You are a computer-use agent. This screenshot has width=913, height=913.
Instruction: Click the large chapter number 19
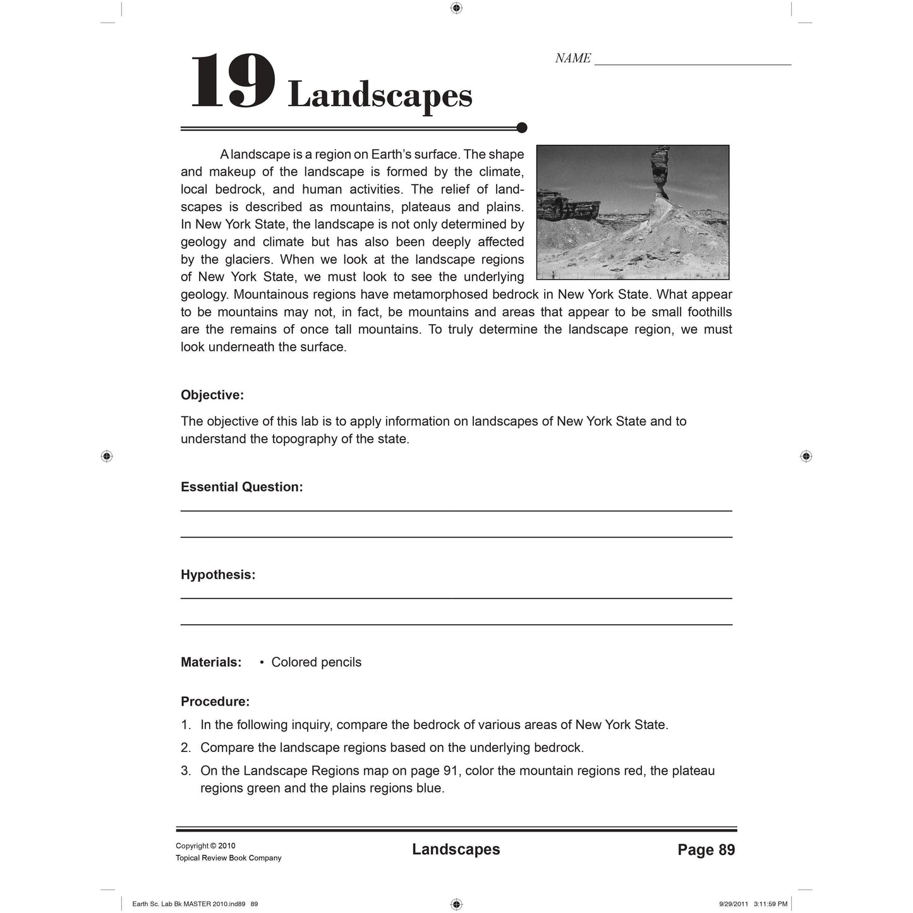[x=232, y=82]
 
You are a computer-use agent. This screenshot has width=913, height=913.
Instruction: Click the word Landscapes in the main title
[x=380, y=95]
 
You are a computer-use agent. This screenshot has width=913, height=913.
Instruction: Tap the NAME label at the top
[x=572, y=58]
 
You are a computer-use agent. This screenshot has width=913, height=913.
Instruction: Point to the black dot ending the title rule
[x=522, y=128]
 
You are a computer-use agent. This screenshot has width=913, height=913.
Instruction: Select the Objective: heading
[x=212, y=395]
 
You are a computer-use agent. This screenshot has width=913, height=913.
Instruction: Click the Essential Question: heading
[x=242, y=487]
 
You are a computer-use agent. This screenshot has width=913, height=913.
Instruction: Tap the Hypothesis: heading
[x=218, y=575]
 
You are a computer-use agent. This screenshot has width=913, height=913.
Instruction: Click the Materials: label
[x=211, y=662]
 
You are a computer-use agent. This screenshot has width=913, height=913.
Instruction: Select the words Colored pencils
[x=316, y=662]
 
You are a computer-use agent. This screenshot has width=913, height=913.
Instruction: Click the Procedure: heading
[x=215, y=701]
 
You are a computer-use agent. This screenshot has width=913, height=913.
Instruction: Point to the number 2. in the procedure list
[x=186, y=747]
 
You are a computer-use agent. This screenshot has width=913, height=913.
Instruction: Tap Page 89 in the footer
[x=706, y=850]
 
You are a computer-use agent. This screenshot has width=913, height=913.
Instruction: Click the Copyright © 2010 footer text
[x=205, y=846]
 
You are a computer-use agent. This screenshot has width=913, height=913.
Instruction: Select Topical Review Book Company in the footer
[x=228, y=858]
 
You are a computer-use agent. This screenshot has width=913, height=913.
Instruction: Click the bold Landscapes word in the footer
[x=456, y=849]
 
